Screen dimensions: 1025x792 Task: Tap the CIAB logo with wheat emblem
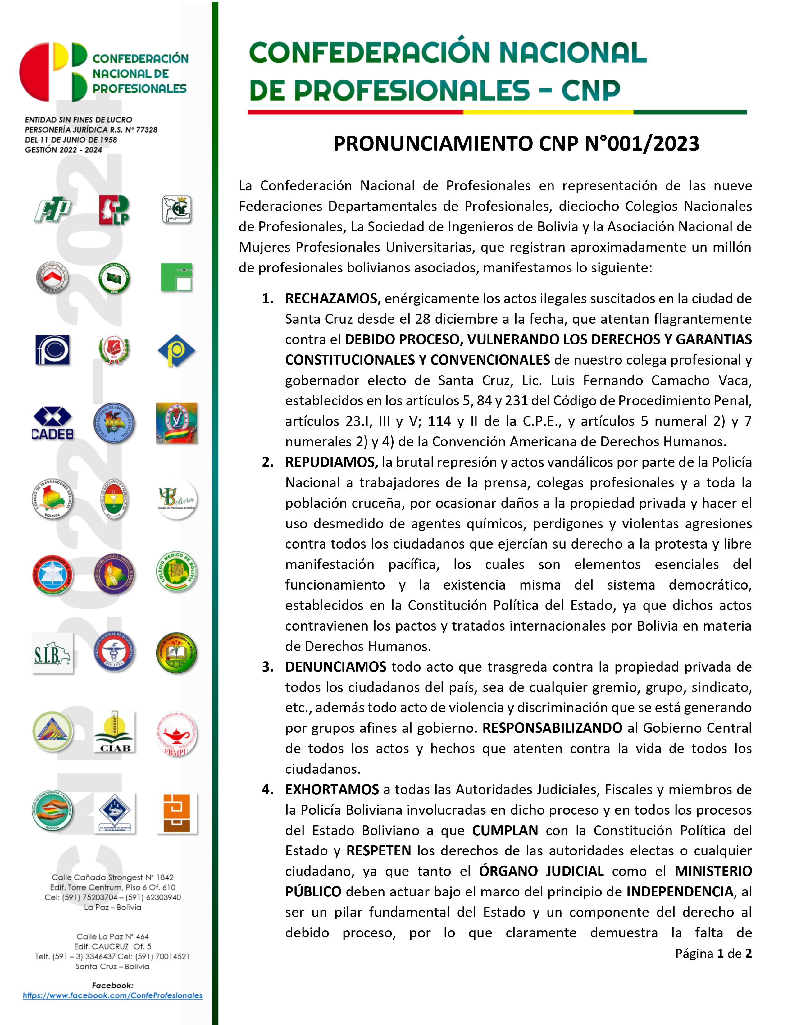[115, 732]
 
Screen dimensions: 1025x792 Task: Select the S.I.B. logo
[52, 653]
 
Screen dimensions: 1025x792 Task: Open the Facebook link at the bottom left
[113, 995]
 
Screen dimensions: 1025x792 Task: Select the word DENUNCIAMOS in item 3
[335, 667]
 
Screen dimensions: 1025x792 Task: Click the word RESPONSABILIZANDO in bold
[552, 728]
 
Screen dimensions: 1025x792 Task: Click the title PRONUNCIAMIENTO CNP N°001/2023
[516, 143]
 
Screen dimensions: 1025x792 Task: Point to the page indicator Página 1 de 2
[713, 953]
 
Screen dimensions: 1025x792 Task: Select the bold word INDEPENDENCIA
[680, 892]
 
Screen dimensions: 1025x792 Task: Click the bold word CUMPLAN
[505, 830]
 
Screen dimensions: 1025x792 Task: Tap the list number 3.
[267, 667]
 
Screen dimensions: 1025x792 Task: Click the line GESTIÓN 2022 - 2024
[63, 150]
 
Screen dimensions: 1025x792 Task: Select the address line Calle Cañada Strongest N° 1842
[113, 877]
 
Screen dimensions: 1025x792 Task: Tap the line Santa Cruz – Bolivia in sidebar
[113, 966]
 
